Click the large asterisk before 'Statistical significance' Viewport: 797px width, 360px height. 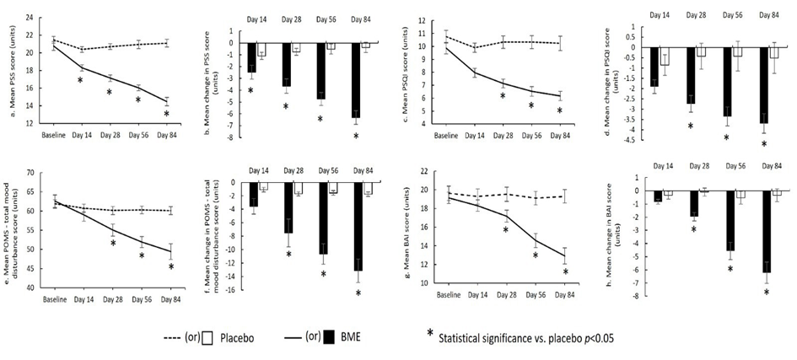[x=432, y=335]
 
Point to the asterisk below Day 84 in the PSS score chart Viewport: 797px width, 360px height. [x=166, y=115]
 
